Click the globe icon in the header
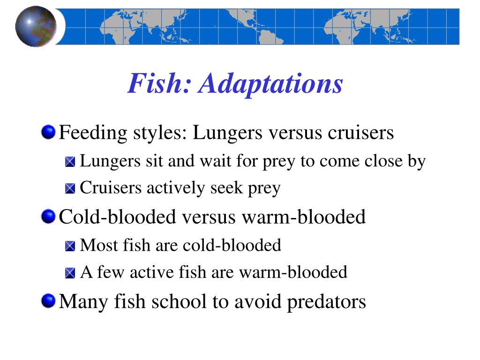click(36, 26)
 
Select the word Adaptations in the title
click(270, 84)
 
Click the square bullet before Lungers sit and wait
click(70, 162)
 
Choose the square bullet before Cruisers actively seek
click(70, 189)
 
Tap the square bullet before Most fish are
click(70, 246)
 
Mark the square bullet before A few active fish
click(70, 273)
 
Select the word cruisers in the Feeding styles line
click(360, 133)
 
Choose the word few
click(109, 272)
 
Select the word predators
click(326, 301)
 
